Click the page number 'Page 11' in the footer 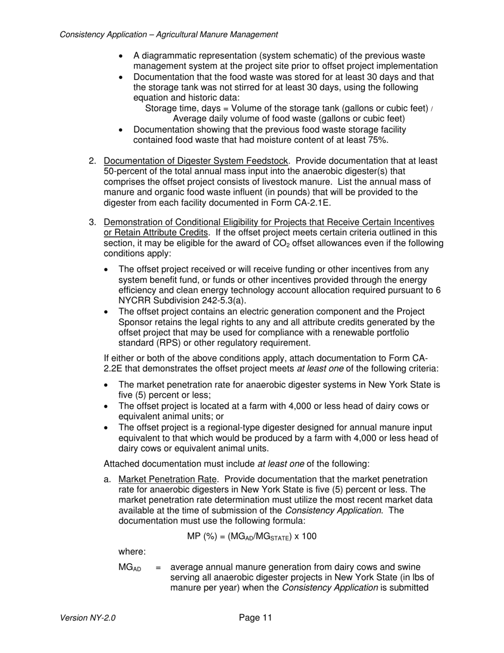(255, 617)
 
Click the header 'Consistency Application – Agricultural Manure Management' (169, 35)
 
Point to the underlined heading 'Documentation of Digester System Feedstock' (196, 161)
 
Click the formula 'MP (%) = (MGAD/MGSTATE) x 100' (251, 536)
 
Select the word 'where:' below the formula (132, 552)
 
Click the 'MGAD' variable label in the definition (129, 568)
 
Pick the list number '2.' (92, 161)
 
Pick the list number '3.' (92, 222)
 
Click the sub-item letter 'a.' (108, 479)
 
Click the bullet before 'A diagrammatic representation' (121, 56)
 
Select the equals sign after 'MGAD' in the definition (158, 568)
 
